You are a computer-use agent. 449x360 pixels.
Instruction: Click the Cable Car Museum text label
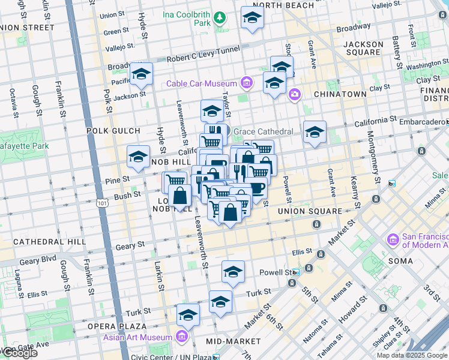click(x=202, y=83)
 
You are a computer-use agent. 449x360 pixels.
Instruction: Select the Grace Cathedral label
click(x=263, y=131)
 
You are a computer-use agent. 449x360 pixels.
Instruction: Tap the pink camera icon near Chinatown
click(x=294, y=94)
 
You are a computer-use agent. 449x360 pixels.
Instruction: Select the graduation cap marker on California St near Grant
click(x=315, y=132)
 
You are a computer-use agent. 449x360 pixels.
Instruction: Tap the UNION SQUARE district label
click(x=310, y=211)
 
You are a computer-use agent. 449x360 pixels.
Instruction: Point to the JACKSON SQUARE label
click(x=363, y=48)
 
